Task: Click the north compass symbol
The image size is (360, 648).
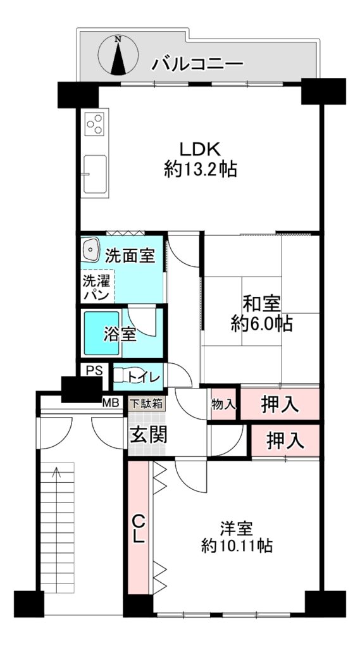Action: coord(118,55)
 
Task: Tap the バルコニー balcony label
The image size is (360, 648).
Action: coord(197,64)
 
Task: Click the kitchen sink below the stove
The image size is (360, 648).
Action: coord(95,173)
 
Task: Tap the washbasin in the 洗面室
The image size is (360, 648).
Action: coord(90,249)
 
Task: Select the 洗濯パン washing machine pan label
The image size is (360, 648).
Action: coord(96,288)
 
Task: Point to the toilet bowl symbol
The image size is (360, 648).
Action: coord(118,375)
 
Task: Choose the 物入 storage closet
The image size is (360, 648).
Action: coord(223,403)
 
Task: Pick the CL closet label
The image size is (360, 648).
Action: coord(139,528)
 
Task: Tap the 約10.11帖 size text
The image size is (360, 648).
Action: coord(237,546)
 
